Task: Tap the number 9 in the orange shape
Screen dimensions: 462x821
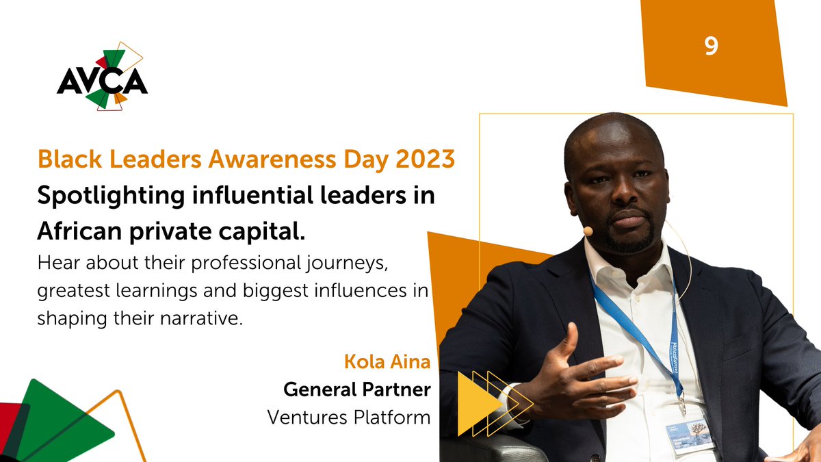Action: (712, 47)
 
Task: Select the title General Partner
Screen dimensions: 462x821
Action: (356, 389)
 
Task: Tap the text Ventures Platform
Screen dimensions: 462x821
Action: (349, 416)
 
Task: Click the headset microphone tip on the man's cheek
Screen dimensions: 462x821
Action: (588, 231)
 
